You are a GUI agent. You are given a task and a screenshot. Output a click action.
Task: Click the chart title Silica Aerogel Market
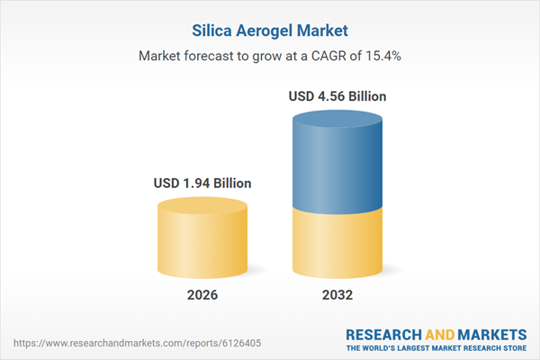tap(270, 30)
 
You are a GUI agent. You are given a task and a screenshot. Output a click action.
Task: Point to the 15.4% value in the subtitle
tap(382, 56)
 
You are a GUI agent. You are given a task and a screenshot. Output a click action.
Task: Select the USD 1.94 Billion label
tap(202, 183)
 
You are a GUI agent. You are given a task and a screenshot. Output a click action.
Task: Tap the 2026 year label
tap(202, 295)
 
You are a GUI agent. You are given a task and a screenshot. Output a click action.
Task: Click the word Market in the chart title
tap(322, 30)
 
